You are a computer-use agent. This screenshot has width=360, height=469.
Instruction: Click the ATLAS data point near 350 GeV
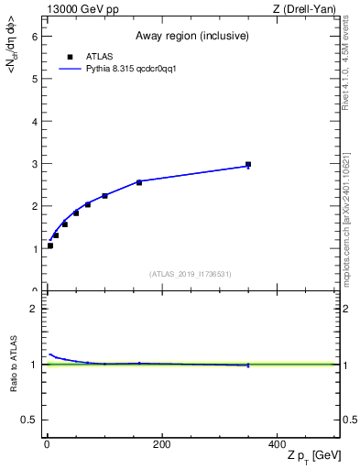coord(248,165)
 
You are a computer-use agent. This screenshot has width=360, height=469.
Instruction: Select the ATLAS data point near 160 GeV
coord(139,182)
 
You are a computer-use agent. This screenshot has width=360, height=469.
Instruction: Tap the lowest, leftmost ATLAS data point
coord(50,245)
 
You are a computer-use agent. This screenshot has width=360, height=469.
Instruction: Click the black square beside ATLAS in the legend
coord(69,57)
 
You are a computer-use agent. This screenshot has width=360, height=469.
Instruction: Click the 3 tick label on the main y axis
coord(34,164)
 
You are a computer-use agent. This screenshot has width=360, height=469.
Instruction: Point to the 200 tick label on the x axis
coord(161,445)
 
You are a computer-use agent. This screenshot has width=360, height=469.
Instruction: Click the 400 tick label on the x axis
coord(277,445)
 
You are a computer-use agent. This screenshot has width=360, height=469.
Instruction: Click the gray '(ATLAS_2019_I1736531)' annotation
coord(191,274)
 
